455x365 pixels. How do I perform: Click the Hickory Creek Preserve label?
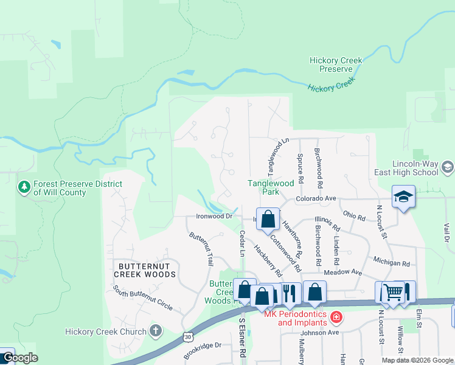[336, 64]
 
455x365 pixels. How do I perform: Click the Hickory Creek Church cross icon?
[156, 331]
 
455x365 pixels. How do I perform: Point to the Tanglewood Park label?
[271, 187]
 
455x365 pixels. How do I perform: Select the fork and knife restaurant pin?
[289, 292]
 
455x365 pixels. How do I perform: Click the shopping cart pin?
[392, 292]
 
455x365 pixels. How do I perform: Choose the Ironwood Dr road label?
[214, 216]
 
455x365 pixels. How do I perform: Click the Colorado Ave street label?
[316, 198]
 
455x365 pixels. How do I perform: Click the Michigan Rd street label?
[392, 262]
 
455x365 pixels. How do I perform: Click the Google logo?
[20, 358]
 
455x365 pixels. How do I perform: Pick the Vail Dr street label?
[446, 234]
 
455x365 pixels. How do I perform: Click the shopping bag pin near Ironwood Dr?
[268, 218]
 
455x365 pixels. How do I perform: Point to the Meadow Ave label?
[342, 273]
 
